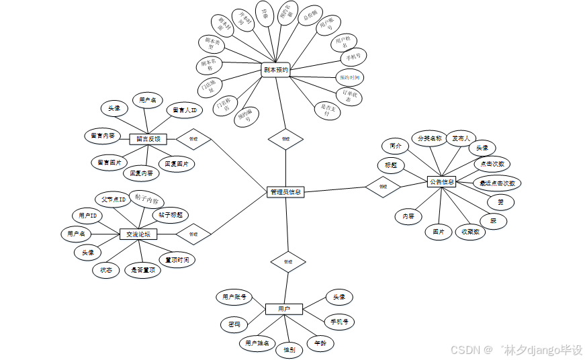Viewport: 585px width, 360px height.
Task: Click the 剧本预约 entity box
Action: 275,69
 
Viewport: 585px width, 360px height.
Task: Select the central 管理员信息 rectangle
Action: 285,192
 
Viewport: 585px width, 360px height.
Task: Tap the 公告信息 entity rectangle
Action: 441,182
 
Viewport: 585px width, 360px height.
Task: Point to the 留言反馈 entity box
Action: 148,139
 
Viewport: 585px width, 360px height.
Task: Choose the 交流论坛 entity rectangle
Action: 138,234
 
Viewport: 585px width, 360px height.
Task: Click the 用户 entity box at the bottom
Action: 283,309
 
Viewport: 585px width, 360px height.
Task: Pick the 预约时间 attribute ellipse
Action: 349,77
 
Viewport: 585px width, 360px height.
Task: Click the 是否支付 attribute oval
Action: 327,110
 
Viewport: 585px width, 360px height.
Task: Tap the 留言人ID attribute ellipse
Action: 183,110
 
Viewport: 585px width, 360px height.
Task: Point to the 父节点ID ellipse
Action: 114,199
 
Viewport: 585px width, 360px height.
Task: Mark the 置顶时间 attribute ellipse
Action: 177,260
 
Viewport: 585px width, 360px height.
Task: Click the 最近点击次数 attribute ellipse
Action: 498,183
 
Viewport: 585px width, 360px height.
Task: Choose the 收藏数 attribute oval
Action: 470,232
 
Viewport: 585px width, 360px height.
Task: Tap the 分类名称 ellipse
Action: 429,139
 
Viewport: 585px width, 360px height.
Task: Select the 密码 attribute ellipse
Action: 234,325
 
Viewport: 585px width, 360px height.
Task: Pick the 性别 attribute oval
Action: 289,349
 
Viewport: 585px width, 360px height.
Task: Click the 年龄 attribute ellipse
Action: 320,343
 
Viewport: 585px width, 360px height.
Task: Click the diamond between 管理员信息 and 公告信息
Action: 383,187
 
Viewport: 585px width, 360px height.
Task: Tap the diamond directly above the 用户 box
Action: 287,261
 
